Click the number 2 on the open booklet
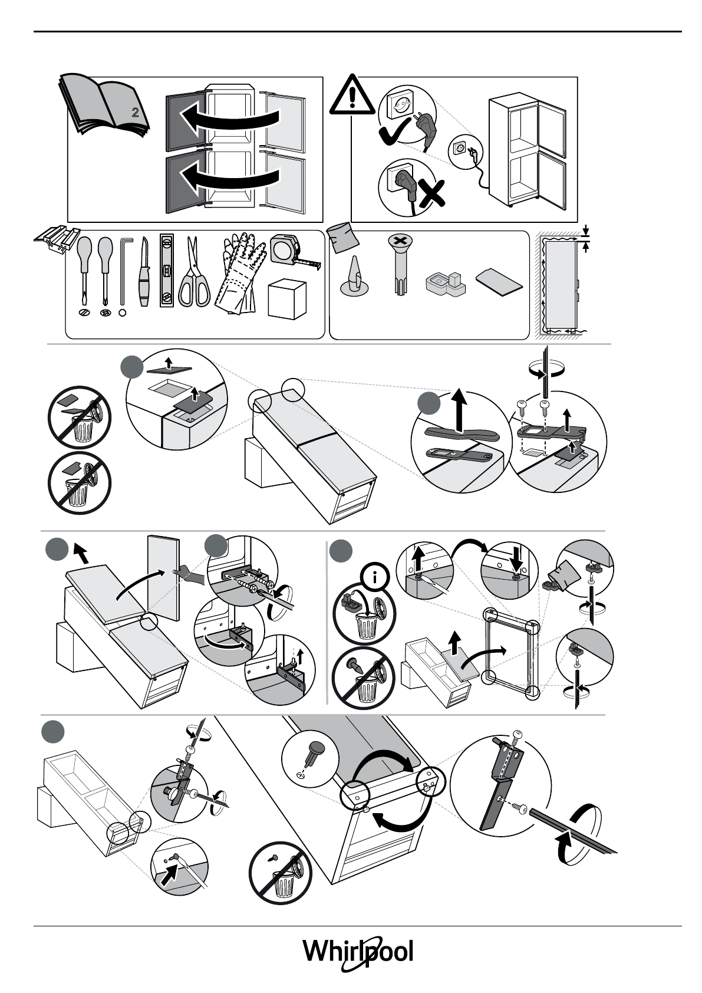[135, 113]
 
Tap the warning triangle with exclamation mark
[352, 97]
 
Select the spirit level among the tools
[168, 271]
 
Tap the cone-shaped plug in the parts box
[354, 277]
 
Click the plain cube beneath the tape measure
[287, 299]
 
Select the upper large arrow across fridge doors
[230, 118]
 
